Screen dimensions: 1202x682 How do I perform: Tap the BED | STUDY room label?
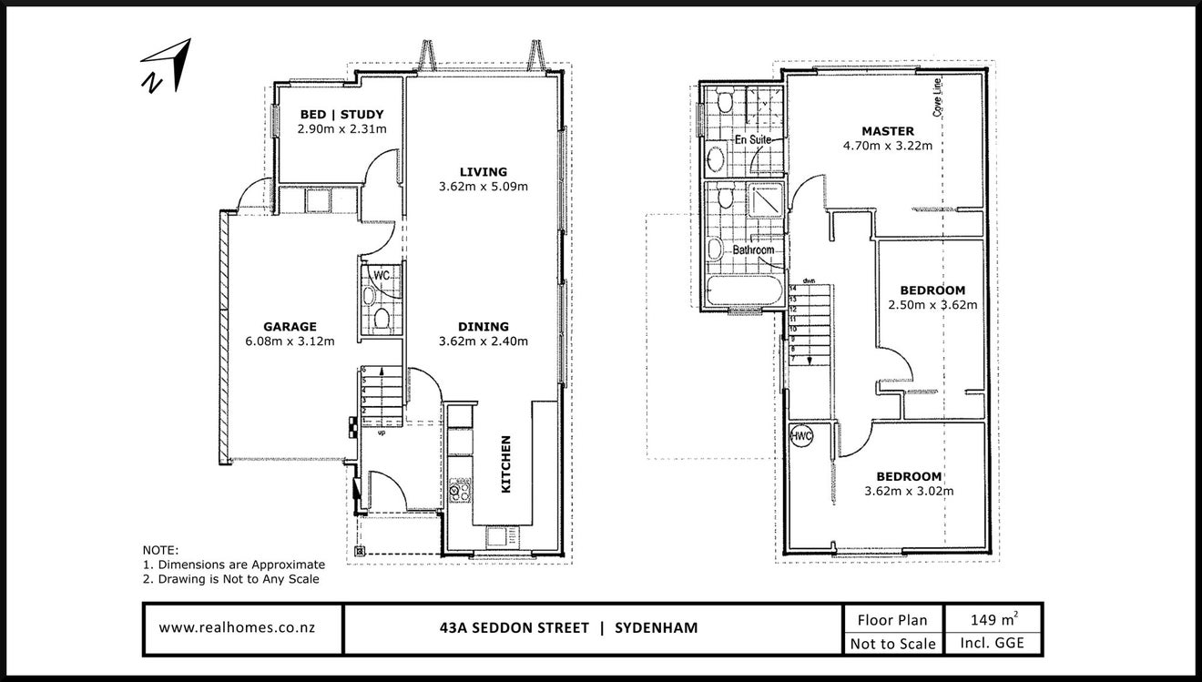coord(341,115)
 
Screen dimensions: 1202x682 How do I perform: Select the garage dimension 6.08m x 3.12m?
coord(290,341)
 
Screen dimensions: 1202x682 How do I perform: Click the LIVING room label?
coord(484,172)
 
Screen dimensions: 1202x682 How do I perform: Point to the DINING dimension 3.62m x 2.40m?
coord(484,341)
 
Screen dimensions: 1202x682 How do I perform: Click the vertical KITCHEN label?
coord(505,464)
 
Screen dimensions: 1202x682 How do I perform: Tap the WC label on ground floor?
coord(382,275)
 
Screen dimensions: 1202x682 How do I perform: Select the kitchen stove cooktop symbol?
coord(460,490)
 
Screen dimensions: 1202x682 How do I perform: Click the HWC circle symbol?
coord(801,436)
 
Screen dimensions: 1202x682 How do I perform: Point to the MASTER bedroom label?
coord(888,131)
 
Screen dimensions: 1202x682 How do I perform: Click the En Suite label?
coord(752,139)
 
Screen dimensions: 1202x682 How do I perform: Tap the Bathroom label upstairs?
coord(753,250)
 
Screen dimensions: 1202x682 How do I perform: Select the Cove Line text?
coord(937,97)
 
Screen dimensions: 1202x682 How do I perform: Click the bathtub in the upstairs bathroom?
coord(745,290)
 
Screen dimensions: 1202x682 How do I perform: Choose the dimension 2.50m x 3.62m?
coord(932,305)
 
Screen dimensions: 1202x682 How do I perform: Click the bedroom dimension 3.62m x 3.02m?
coord(909,491)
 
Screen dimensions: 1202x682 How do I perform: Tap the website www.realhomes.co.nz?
coord(237,627)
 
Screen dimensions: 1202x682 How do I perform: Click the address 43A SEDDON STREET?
coord(514,627)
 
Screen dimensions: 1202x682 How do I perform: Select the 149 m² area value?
coord(993,619)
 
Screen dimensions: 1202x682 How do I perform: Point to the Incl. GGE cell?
coord(993,643)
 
